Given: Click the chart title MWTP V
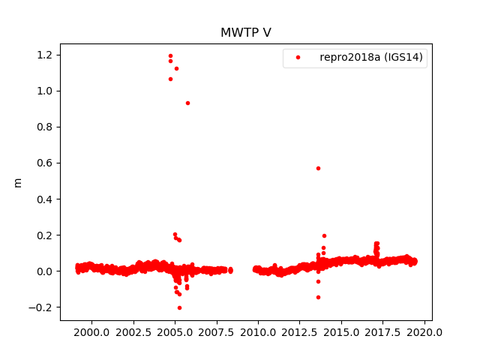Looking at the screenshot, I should pos(240,32).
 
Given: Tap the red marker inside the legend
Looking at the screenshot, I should pos(298,57).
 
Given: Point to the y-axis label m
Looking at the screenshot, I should pos(18,182).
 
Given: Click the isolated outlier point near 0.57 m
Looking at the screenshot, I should pos(318,168).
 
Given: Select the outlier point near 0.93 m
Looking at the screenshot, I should pos(187,103).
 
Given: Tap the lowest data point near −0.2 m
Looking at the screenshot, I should pos(179,307).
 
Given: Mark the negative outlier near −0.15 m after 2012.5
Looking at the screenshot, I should pos(318,297).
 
